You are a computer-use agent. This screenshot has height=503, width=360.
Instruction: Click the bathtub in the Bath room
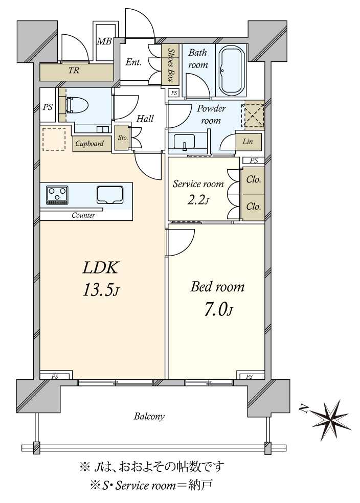pyautogui.click(x=231, y=70)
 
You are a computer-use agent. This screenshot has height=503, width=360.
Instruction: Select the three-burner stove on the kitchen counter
pyautogui.click(x=57, y=195)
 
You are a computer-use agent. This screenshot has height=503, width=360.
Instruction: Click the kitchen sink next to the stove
pyautogui.click(x=110, y=194)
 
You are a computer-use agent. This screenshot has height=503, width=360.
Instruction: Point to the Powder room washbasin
pyautogui.click(x=184, y=142)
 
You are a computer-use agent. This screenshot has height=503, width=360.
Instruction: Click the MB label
pyautogui.click(x=104, y=41)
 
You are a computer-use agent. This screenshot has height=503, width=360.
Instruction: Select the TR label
pyautogui.click(x=74, y=70)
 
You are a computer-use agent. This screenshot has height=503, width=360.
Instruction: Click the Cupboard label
pyautogui.click(x=89, y=144)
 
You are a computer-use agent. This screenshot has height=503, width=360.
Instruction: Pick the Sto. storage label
pyautogui.click(x=123, y=138)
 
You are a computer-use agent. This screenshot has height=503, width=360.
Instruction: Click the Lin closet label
pyautogui.click(x=247, y=141)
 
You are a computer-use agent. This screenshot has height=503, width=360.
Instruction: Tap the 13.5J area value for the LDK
pyautogui.click(x=101, y=290)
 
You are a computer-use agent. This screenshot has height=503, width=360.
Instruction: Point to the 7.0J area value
pyautogui.click(x=218, y=310)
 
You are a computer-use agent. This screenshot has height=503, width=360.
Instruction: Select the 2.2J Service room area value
pyautogui.click(x=198, y=200)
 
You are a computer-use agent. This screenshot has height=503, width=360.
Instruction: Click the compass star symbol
pyautogui.click(x=332, y=417)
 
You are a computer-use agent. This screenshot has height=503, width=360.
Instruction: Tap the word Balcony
pyautogui.click(x=149, y=417)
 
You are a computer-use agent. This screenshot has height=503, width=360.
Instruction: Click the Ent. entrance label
pyautogui.click(x=133, y=62)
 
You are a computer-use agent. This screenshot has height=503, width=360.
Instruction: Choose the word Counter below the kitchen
pyautogui.click(x=83, y=215)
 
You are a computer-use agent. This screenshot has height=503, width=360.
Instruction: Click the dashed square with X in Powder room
pyautogui.click(x=254, y=115)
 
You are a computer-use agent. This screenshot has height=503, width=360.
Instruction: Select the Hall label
pyautogui.click(x=145, y=119)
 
